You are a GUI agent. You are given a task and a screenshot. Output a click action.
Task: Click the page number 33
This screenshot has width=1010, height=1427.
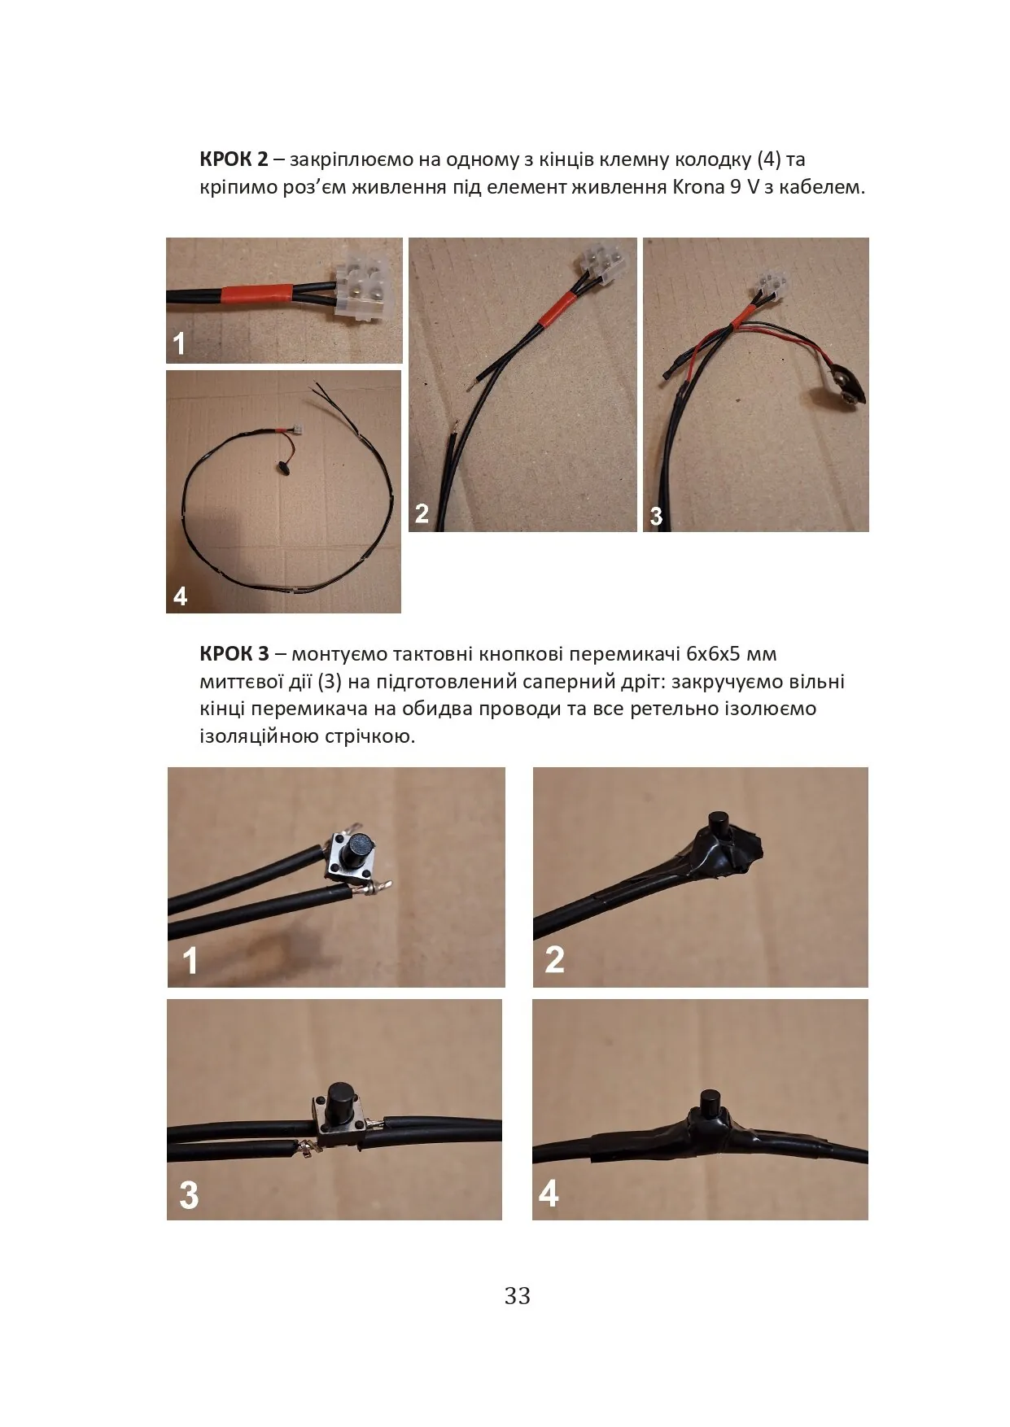pyautogui.click(x=518, y=1296)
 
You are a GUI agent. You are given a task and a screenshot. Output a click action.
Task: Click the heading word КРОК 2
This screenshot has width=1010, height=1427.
pyautogui.click(x=234, y=159)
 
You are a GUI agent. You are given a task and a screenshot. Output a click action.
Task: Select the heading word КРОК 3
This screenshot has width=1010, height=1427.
pyautogui.click(x=234, y=654)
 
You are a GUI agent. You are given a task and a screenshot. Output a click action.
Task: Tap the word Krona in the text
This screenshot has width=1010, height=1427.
pyautogui.click(x=698, y=187)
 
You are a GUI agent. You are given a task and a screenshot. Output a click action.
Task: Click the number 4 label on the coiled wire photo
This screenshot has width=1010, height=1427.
pyautogui.click(x=180, y=596)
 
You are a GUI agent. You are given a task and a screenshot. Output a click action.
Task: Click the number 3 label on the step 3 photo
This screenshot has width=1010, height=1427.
pyautogui.click(x=188, y=1195)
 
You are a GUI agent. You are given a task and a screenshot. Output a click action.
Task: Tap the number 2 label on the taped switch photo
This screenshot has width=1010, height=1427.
pyautogui.click(x=554, y=959)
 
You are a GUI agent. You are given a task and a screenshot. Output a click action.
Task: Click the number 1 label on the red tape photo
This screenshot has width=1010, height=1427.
pyautogui.click(x=179, y=344)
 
